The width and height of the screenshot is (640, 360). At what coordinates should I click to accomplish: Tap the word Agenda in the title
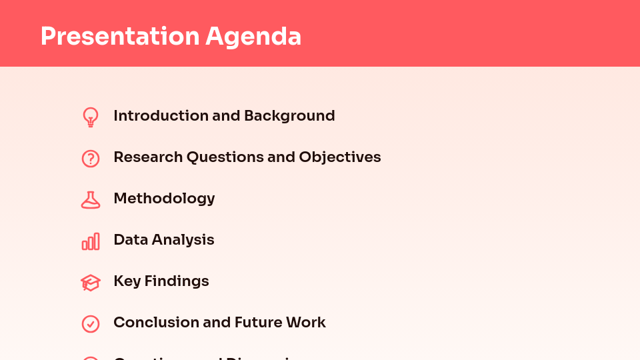click(253, 37)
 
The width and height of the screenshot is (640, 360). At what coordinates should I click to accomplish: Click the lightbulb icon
click(91, 117)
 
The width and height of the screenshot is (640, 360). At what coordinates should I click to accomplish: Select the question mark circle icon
click(91, 159)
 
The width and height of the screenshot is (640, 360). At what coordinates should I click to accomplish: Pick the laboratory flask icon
click(91, 200)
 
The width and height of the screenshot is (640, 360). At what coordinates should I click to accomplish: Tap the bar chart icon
click(91, 241)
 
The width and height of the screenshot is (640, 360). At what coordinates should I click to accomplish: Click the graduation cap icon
click(91, 283)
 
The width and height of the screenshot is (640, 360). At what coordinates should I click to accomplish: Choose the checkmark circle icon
click(91, 324)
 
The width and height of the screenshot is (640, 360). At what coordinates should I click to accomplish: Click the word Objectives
click(340, 157)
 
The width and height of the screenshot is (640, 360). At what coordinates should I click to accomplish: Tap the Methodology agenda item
click(164, 199)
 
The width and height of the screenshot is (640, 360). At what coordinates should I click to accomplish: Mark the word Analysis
click(183, 240)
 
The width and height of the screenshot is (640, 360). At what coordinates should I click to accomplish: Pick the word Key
click(127, 281)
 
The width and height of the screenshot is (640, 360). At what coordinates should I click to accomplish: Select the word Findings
click(177, 281)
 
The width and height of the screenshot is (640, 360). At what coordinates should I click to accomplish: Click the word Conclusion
click(156, 323)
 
